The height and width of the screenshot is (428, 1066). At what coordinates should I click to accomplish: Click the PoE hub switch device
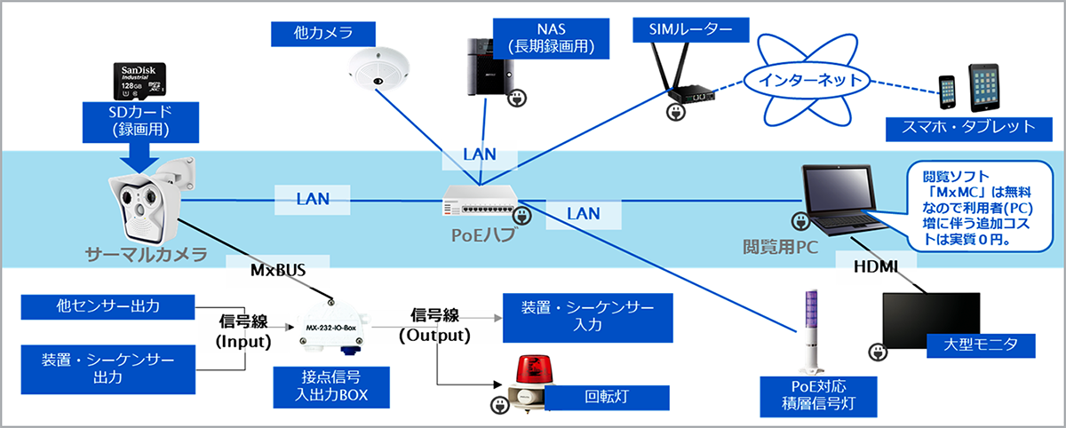(x=480, y=202)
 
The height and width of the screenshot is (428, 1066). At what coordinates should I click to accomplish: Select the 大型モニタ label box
(x=976, y=344)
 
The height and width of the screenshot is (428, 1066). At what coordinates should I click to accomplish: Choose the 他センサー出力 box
(x=107, y=307)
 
